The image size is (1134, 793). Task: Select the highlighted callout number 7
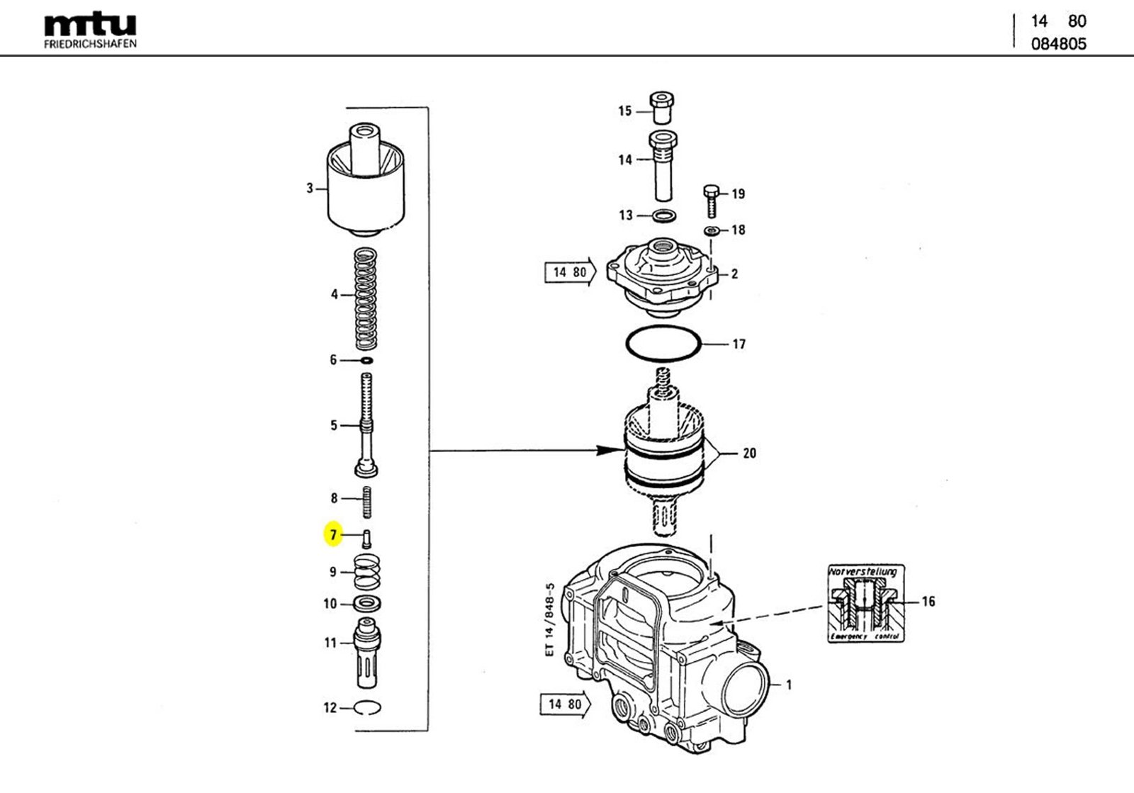click(x=333, y=535)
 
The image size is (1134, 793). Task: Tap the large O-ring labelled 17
click(x=663, y=344)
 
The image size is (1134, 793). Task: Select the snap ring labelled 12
click(x=367, y=707)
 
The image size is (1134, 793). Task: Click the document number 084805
click(x=1058, y=44)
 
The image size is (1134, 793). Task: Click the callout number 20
click(x=749, y=453)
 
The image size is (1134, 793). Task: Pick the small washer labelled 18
click(x=712, y=230)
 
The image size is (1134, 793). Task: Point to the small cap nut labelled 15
click(x=661, y=108)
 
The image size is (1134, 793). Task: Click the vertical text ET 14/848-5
click(x=550, y=620)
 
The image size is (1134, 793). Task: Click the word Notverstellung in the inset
click(x=863, y=571)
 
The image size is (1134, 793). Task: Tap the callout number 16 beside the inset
click(x=928, y=601)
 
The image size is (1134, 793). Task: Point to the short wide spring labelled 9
click(x=367, y=571)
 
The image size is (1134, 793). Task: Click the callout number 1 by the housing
click(x=789, y=685)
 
